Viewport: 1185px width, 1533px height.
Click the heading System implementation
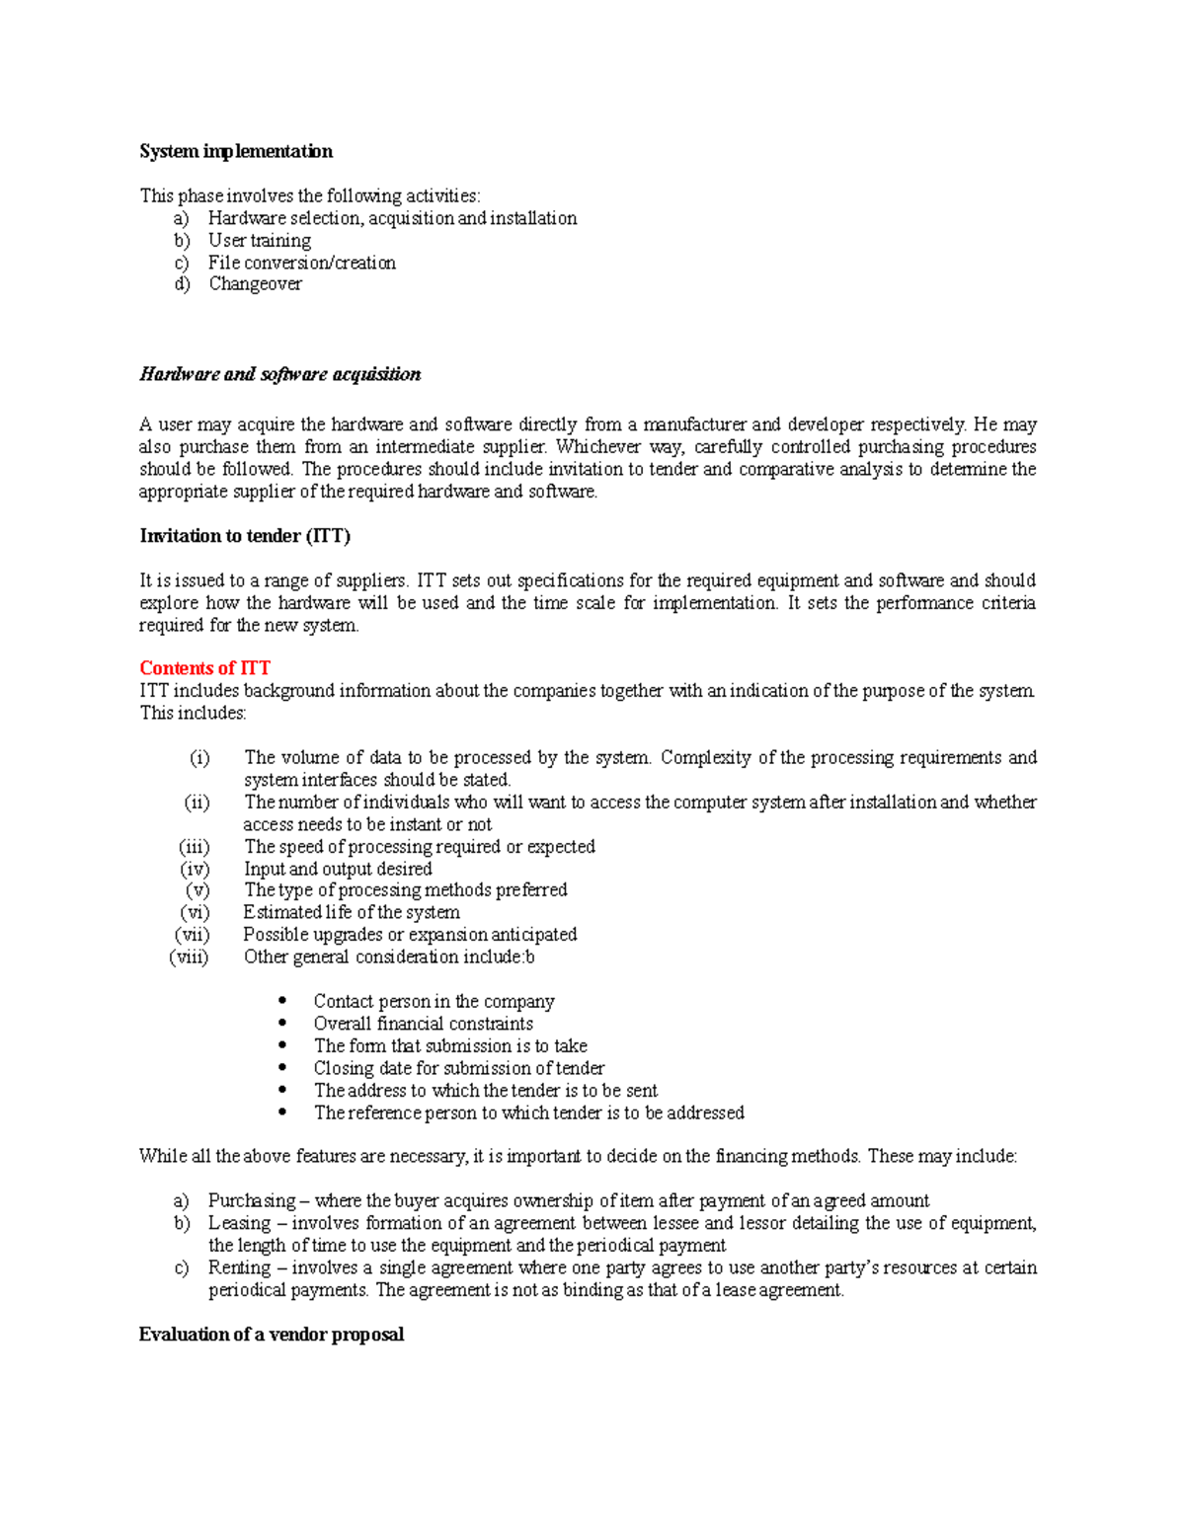(235, 151)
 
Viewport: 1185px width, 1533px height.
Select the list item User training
(259, 240)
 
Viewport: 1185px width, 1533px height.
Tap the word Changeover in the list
(255, 284)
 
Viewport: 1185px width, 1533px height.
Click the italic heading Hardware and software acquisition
(279, 374)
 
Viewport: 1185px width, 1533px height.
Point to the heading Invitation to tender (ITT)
(245, 536)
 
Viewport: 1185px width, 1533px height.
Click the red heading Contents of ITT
(204, 668)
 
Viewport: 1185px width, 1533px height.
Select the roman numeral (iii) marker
(195, 847)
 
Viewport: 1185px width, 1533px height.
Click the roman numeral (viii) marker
(190, 957)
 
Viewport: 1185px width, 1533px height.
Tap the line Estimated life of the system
(351, 912)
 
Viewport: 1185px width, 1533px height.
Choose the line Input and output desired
(338, 869)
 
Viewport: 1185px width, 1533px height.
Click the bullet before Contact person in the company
(283, 1001)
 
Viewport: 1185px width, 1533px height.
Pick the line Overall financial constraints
(423, 1024)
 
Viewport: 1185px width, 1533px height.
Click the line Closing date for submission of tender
(458, 1068)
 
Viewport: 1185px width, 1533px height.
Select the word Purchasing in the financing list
(251, 1201)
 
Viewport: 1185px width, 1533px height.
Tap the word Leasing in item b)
(238, 1223)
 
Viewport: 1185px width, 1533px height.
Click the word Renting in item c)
(238, 1267)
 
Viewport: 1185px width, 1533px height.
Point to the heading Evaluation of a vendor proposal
(271, 1335)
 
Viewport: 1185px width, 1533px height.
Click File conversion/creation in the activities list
(301, 263)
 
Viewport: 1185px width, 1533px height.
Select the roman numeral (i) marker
(199, 758)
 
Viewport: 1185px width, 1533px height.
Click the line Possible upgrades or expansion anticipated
(410, 935)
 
